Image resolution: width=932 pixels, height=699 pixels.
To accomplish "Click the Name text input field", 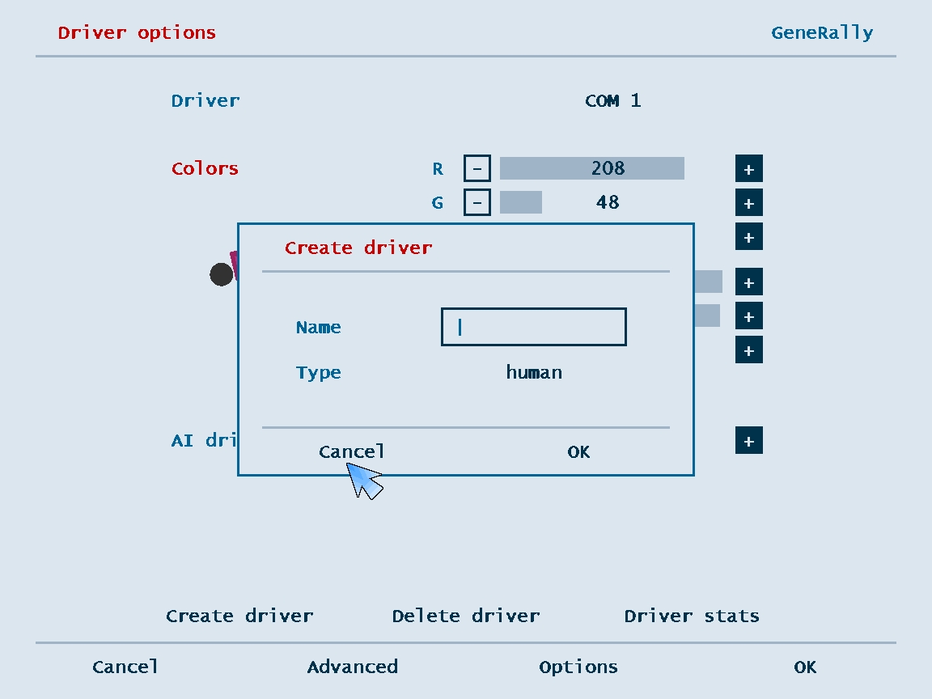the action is (534, 326).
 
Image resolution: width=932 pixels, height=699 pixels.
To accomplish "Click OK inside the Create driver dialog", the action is (578, 451).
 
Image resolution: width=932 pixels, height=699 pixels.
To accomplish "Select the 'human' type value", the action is (534, 372).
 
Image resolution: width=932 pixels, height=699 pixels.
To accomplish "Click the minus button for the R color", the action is (477, 168).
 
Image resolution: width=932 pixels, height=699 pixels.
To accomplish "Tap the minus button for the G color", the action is (477, 202).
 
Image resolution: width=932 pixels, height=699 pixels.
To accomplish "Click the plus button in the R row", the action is (749, 169).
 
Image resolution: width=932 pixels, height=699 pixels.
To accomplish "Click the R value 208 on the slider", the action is (608, 168).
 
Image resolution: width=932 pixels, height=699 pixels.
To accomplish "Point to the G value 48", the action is (608, 202).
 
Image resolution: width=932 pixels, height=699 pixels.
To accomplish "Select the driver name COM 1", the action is (612, 100).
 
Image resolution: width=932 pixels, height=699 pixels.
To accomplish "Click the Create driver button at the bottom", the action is (239, 616).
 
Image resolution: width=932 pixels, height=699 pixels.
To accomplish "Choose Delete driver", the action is (466, 616).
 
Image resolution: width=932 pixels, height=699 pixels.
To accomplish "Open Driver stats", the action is (692, 616).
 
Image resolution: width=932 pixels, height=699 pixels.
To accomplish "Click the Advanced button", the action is (353, 667).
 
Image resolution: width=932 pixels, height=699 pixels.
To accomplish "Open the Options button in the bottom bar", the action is (578, 667).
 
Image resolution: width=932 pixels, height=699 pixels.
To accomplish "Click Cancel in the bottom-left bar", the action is (125, 667).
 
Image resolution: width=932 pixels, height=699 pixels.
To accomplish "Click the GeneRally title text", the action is (822, 32).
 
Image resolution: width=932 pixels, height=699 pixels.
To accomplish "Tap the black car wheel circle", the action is (222, 274).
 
